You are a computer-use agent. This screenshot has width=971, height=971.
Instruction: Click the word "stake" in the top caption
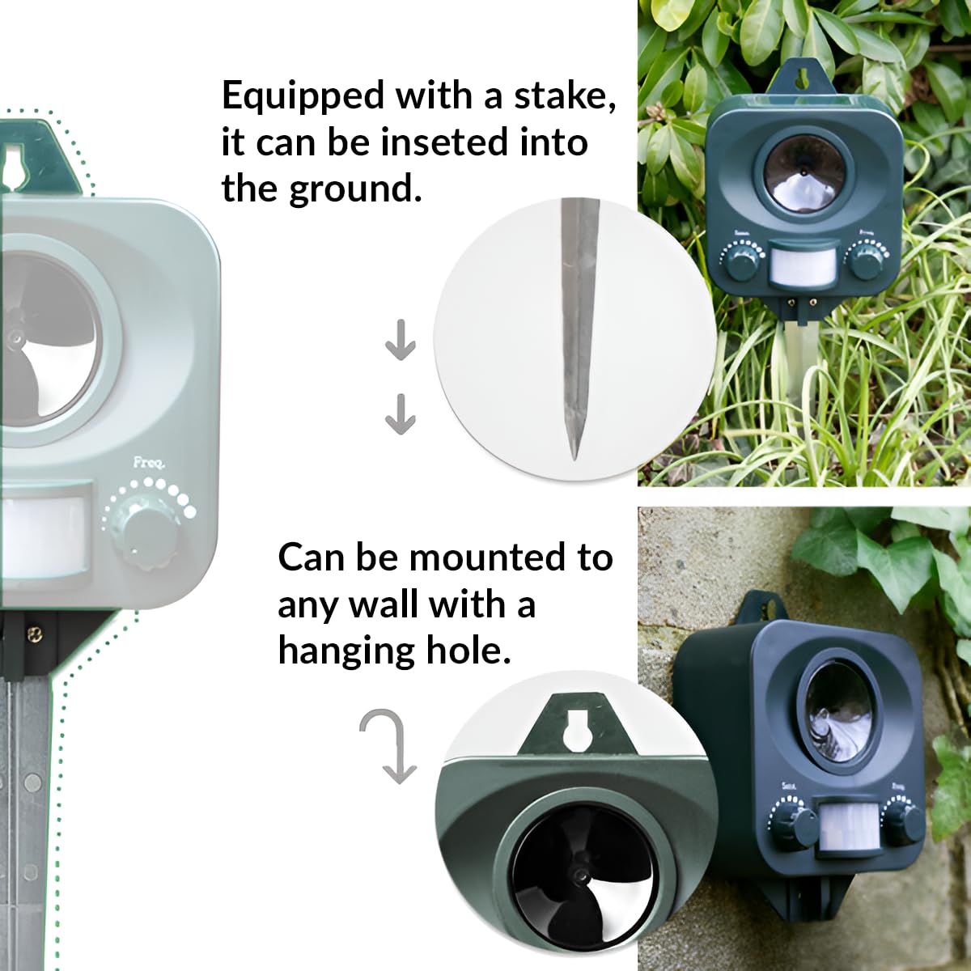[x=560, y=95]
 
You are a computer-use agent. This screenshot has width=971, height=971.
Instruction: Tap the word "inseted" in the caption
[x=439, y=142]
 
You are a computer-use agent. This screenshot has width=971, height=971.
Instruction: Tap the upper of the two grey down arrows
[x=400, y=342]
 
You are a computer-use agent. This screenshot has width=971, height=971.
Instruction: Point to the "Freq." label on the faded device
[x=149, y=464]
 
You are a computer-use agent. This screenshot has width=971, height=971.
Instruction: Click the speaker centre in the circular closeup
[x=579, y=876]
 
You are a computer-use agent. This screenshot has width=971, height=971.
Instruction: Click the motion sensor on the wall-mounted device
[x=844, y=825]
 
